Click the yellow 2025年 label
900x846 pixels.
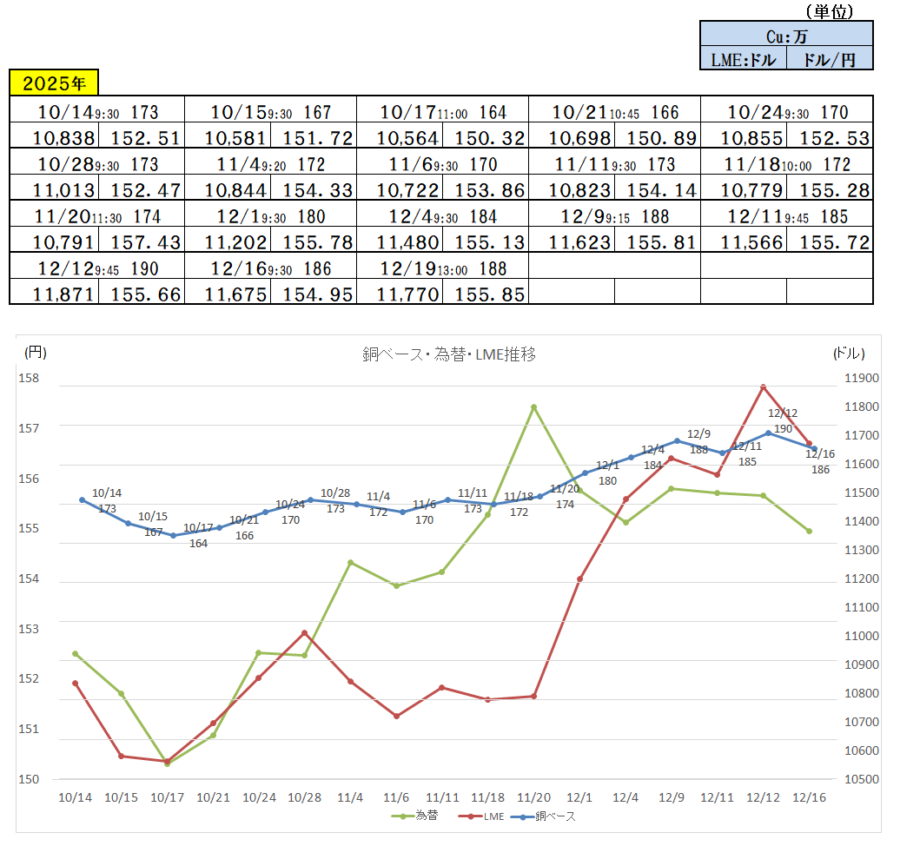point(54,83)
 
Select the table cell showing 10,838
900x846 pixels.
point(54,137)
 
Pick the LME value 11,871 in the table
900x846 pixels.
point(54,294)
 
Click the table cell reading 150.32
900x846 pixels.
point(485,137)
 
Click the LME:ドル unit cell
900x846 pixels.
point(743,58)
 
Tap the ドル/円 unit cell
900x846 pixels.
point(830,58)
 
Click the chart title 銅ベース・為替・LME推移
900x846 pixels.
point(449,354)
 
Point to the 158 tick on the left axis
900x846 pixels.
point(31,378)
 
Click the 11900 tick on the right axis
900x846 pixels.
point(862,378)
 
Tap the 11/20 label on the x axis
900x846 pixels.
point(533,796)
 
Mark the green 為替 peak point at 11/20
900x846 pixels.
point(533,406)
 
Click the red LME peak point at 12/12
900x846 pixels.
point(763,387)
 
